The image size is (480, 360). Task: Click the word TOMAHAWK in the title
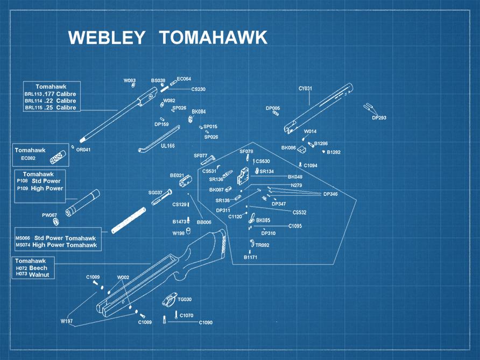(213, 38)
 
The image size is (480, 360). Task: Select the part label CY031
(305, 88)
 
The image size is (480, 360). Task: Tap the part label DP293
(379, 117)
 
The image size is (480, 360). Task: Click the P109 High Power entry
(40, 188)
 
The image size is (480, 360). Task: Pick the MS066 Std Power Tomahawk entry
(56, 238)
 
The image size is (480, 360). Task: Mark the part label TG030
(185, 299)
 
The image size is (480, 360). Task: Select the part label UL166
(167, 145)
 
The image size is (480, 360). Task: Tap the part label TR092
(262, 245)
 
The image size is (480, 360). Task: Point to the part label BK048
(295, 177)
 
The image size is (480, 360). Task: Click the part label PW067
(50, 215)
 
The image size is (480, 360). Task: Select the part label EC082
(29, 158)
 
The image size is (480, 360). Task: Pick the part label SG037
(155, 192)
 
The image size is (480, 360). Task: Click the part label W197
(66, 321)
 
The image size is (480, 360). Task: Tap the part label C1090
(206, 322)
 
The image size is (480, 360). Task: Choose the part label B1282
(333, 152)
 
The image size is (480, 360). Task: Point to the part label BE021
(177, 175)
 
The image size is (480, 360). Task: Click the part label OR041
(83, 150)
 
